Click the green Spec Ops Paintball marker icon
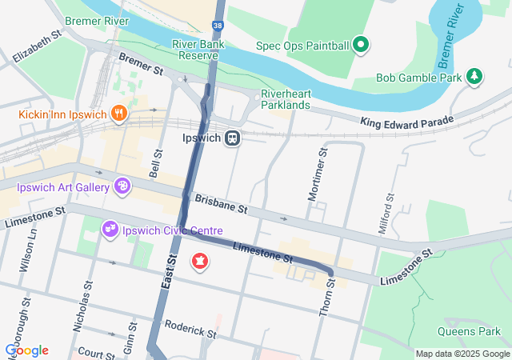(x=361, y=44)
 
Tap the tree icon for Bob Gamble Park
(x=475, y=77)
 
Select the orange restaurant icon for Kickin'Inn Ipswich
(x=119, y=113)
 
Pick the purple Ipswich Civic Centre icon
(x=110, y=230)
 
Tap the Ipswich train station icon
(x=233, y=138)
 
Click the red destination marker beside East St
(x=198, y=262)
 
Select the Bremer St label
(x=140, y=65)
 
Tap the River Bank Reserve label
(x=196, y=50)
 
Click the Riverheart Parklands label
(x=286, y=99)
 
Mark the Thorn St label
(x=326, y=298)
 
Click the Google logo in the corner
(x=27, y=350)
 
